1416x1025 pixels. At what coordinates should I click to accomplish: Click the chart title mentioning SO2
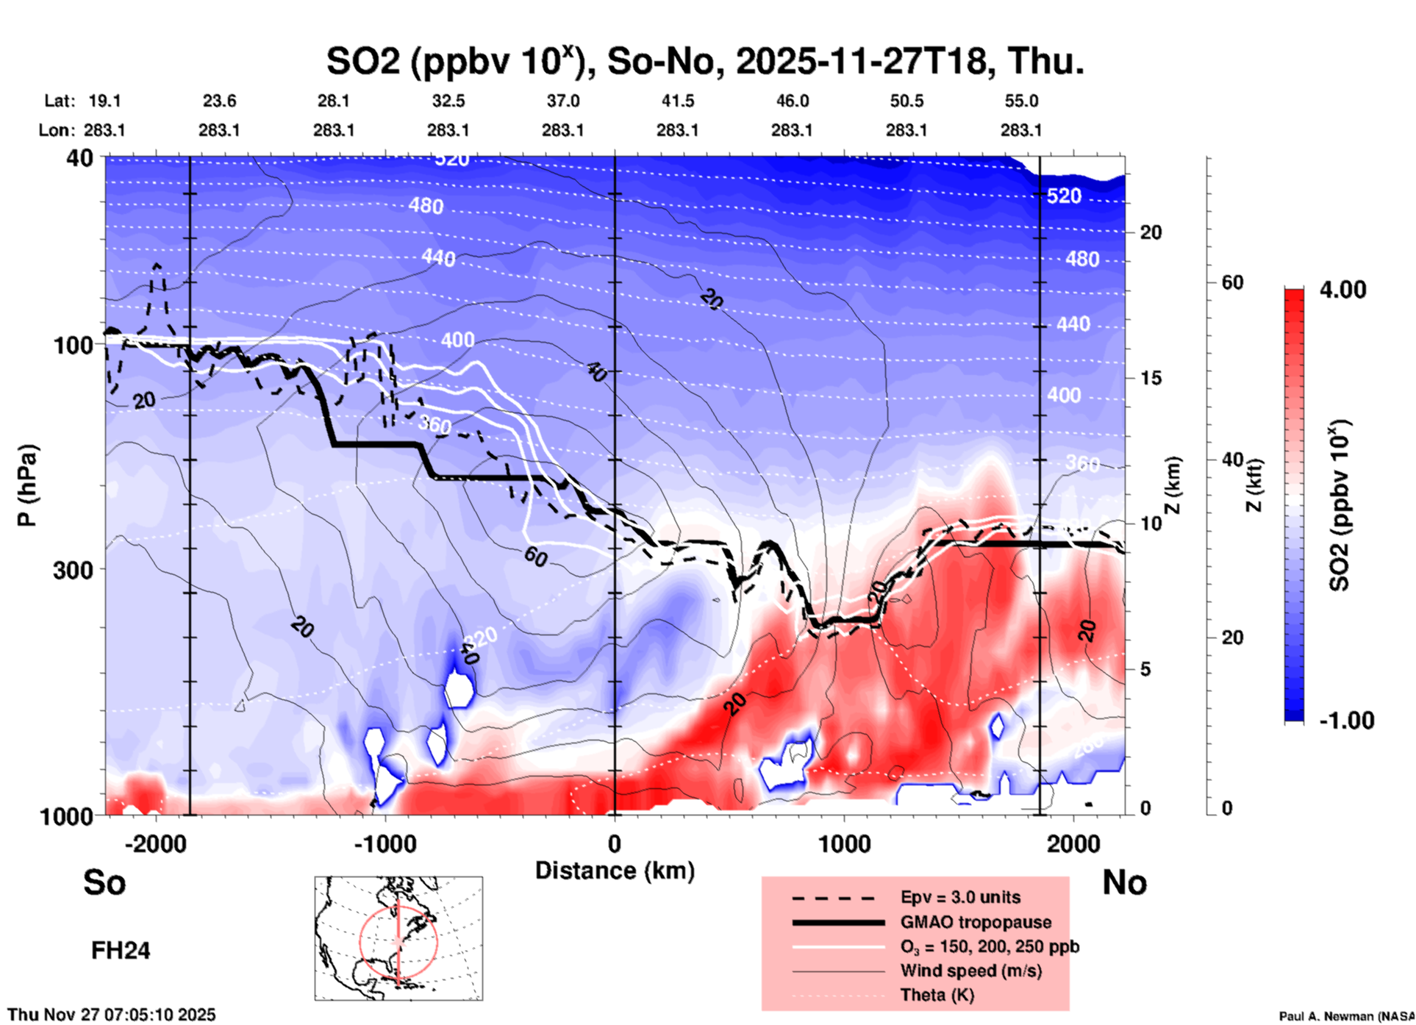pos(705,62)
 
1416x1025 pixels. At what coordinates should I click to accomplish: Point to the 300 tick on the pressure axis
pos(73,570)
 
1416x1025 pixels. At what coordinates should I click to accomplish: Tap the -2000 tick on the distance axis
pos(155,844)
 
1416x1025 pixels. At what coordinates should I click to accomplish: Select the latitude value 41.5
pos(677,101)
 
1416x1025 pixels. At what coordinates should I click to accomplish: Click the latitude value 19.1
pos(104,101)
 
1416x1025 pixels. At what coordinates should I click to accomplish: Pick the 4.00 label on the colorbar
pos(1342,290)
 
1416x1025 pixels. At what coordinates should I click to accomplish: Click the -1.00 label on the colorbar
pos(1346,721)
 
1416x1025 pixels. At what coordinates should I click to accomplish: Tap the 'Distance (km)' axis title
pos(615,871)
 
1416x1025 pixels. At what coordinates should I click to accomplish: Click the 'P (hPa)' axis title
pos(27,485)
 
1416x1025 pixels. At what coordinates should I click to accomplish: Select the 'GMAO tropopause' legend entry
pos(976,922)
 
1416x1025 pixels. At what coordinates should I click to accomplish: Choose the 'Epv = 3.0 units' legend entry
pos(960,897)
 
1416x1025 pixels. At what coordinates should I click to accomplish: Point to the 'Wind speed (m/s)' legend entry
pos(970,971)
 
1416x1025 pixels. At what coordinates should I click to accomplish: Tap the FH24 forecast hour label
pos(121,951)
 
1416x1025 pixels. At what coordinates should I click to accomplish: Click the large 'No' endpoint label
pos(1124,882)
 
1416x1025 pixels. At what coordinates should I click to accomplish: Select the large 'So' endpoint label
pos(104,882)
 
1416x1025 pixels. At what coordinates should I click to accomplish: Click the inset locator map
pos(398,938)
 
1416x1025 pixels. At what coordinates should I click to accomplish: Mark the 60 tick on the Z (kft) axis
pos(1232,282)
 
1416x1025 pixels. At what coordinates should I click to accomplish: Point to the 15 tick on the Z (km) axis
pos(1151,378)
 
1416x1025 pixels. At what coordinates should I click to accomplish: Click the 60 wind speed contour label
pos(536,557)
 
